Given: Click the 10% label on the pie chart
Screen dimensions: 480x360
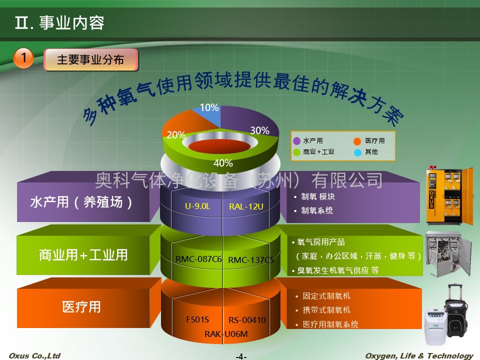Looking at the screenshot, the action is [209, 107].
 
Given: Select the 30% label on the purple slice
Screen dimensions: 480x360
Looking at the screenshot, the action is [259, 130].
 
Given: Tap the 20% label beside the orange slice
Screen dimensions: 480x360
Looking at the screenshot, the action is [176, 134].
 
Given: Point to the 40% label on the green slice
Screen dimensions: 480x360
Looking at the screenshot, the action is [223, 163].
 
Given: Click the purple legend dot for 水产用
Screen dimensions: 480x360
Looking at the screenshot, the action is [296, 141].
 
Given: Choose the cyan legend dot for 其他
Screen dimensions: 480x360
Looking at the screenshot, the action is [357, 152].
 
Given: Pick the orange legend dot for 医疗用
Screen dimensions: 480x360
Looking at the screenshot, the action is [357, 141].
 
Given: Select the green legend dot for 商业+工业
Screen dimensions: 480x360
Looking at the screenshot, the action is [296, 152].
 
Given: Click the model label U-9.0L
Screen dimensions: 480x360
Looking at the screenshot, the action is [197, 206].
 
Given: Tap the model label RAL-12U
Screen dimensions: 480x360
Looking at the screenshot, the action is [246, 206].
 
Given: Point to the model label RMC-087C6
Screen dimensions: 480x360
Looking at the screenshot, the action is [198, 259].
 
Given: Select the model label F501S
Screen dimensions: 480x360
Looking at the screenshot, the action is [197, 319].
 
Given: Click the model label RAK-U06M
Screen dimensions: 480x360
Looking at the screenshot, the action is [226, 334].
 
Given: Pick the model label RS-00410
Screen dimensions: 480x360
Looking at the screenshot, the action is [247, 320].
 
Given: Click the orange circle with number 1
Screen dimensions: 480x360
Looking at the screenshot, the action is [23, 58].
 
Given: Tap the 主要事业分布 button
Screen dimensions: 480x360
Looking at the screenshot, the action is [91, 59].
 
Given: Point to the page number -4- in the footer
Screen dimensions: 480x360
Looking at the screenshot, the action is [241, 356].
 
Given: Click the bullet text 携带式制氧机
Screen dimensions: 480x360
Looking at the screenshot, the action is [326, 310].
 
